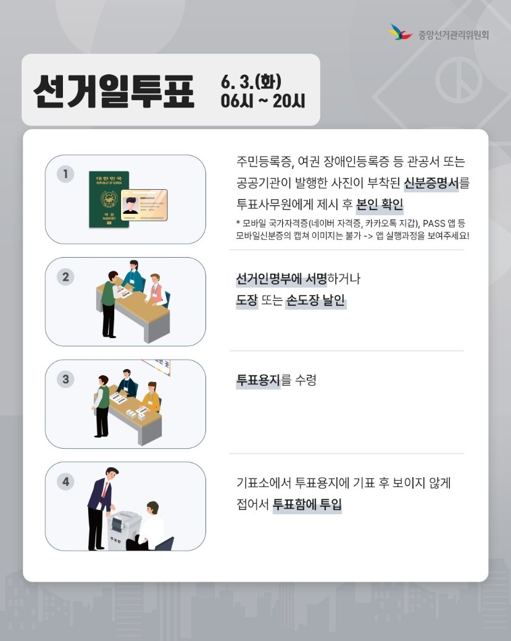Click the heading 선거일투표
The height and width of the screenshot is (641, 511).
coord(114,91)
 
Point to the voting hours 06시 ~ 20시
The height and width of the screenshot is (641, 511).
coord(263,101)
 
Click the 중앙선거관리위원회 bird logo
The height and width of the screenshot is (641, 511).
coord(401,32)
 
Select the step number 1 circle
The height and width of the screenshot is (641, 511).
coord(65,174)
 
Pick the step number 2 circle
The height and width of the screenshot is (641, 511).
coord(65,276)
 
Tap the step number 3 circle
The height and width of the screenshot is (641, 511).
coord(65,378)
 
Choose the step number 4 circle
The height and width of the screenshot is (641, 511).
coord(65,481)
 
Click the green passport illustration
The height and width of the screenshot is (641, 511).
coord(109,199)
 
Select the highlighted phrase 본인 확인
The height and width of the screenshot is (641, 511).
coord(380,204)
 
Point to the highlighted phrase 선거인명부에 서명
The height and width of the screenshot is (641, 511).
coord(281,279)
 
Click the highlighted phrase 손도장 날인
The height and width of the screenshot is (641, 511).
coord(315,302)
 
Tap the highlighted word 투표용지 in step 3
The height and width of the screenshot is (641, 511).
coord(259,380)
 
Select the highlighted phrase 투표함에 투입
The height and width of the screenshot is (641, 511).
coord(307,504)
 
